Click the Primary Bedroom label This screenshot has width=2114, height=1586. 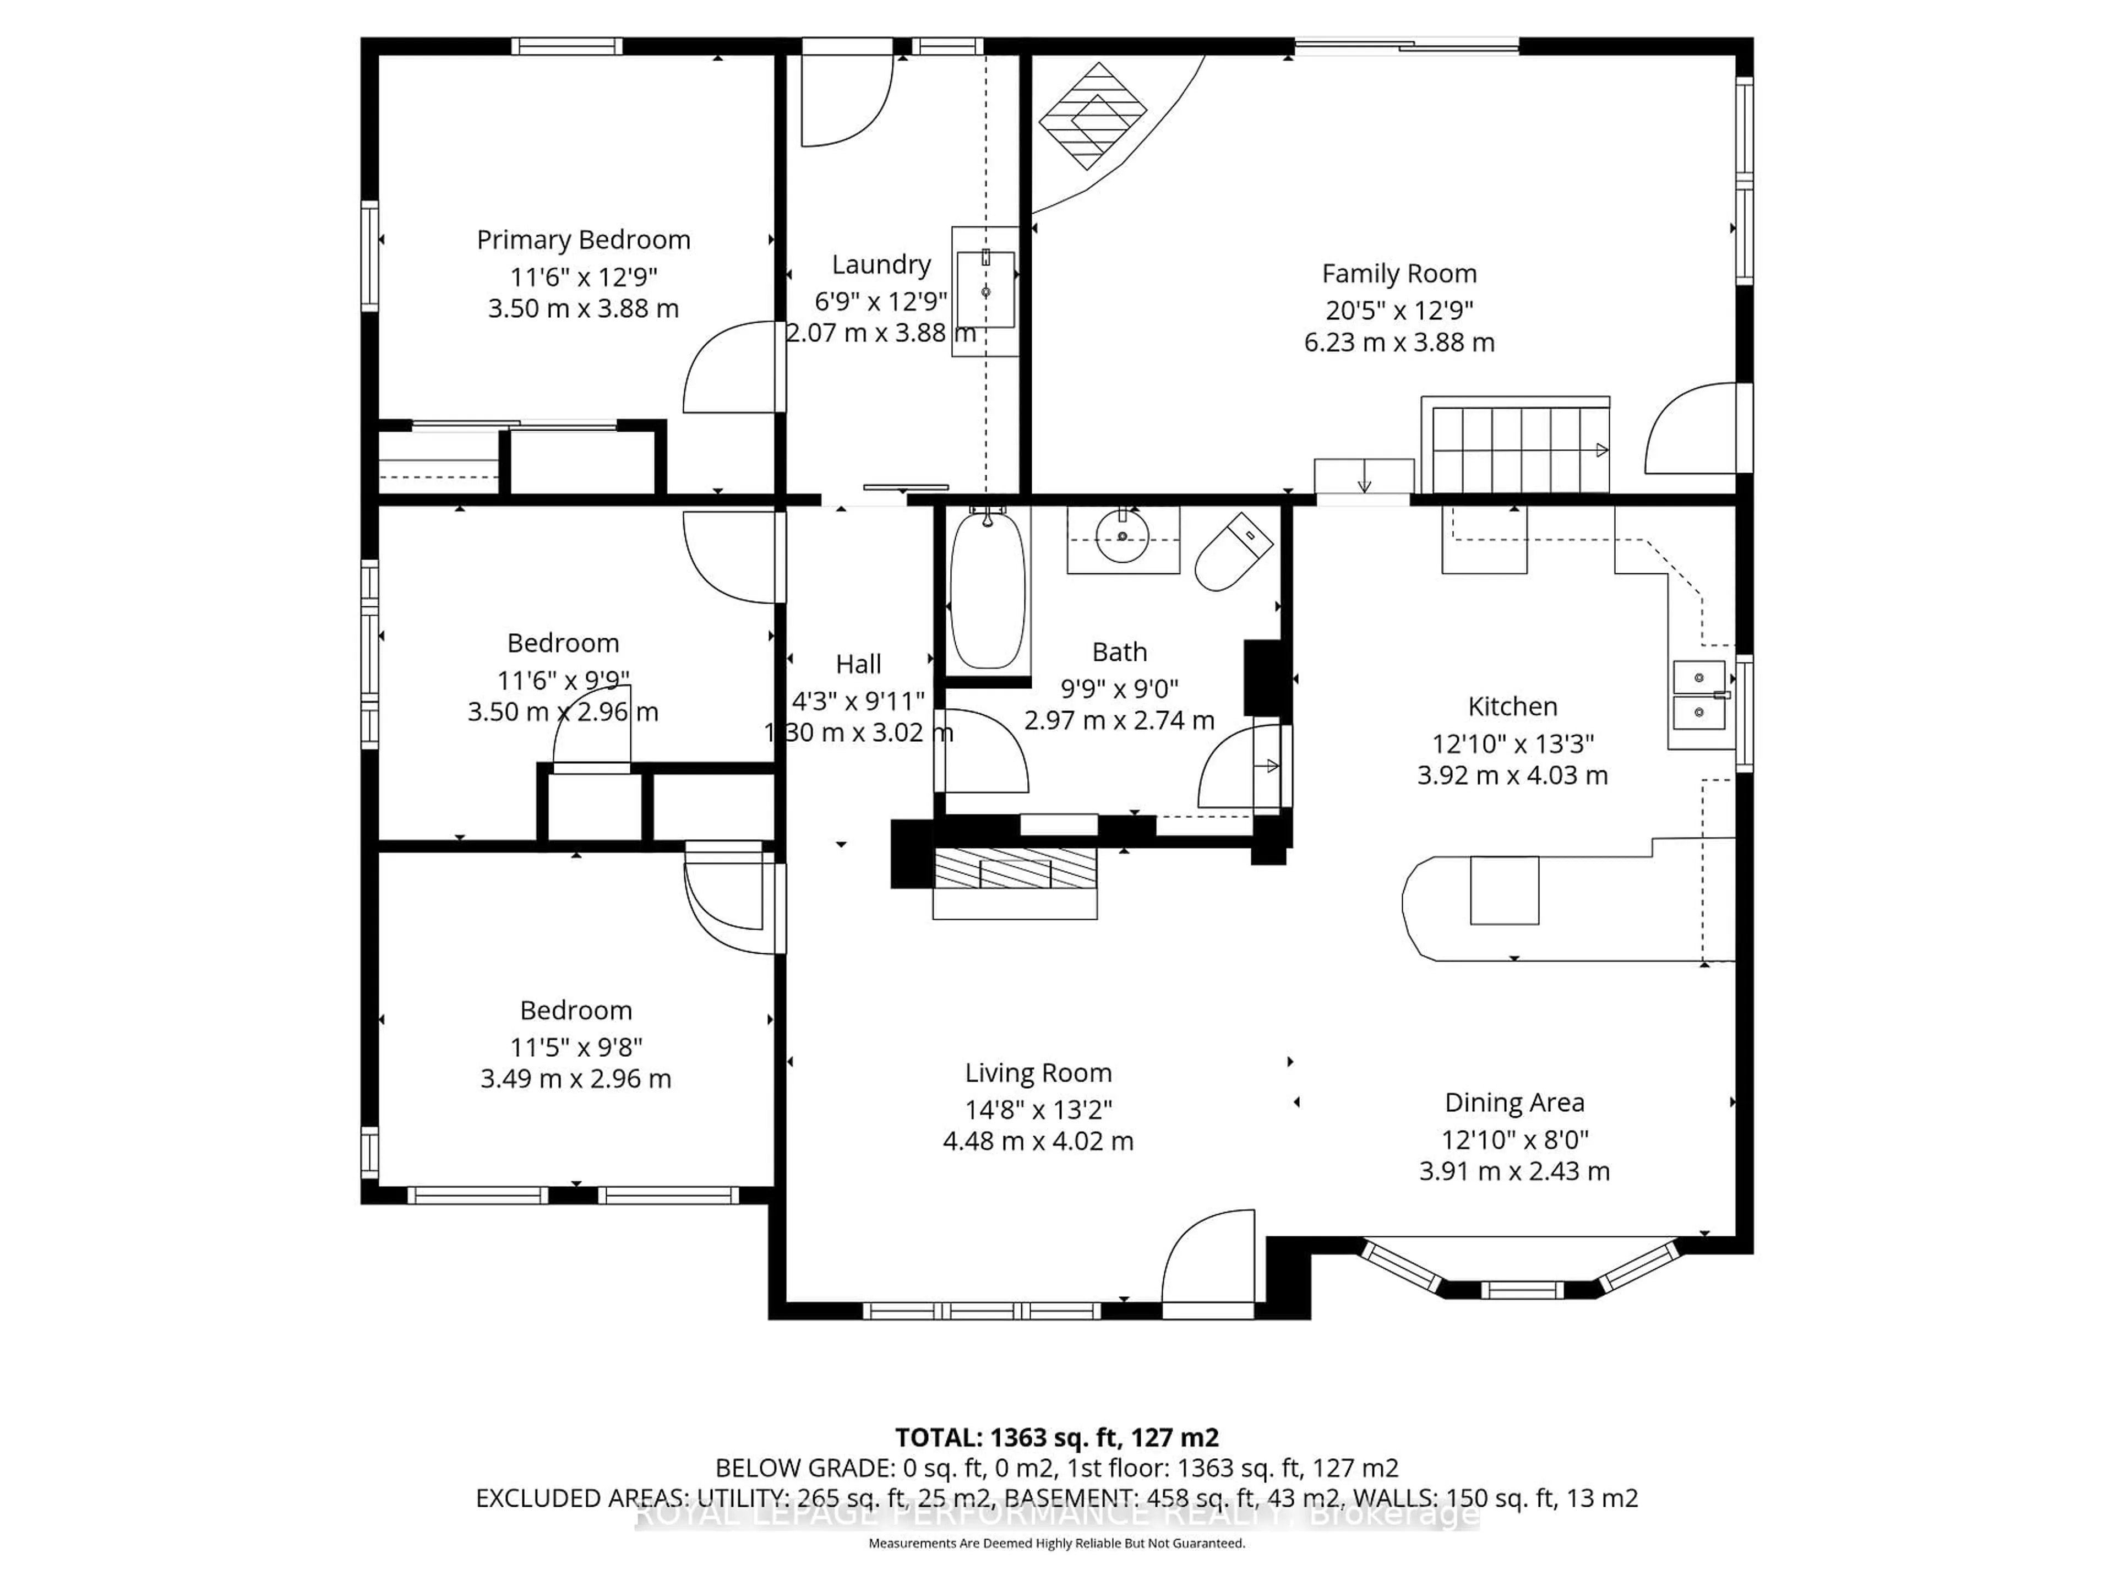click(583, 240)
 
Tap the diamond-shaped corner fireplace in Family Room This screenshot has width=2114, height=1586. click(1092, 116)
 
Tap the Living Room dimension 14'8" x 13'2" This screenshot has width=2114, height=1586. click(1038, 1109)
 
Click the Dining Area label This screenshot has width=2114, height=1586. click(1514, 1102)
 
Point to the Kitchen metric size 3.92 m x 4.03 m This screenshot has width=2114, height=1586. click(1512, 775)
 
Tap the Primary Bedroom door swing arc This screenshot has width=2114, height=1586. click(731, 368)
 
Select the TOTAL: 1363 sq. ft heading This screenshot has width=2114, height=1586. click(1056, 1437)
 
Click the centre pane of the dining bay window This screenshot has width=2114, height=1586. click(1522, 1290)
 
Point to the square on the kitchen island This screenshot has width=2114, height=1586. click(1503, 890)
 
